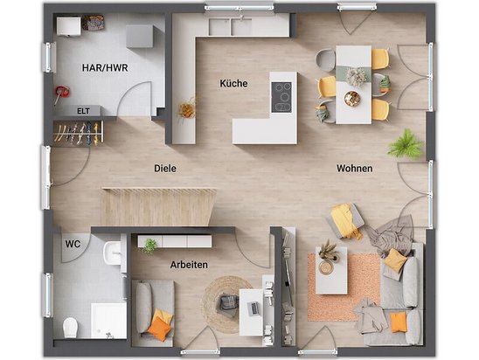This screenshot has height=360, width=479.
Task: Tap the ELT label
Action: point(83,111)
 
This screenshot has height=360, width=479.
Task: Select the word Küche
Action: point(233,84)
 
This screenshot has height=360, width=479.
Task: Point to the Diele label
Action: point(164,169)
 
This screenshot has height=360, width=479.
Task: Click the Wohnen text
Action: point(353,169)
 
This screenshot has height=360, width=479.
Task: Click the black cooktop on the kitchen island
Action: point(281,96)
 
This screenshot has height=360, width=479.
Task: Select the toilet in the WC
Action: point(70,327)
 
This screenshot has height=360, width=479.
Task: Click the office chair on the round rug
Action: point(228,302)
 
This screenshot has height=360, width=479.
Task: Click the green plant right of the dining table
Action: point(405,144)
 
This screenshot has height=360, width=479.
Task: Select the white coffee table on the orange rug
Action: point(331,271)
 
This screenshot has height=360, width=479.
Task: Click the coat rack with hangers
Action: point(78,132)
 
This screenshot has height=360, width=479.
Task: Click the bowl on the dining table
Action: point(352,99)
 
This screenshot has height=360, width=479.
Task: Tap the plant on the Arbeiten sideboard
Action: point(150,246)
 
